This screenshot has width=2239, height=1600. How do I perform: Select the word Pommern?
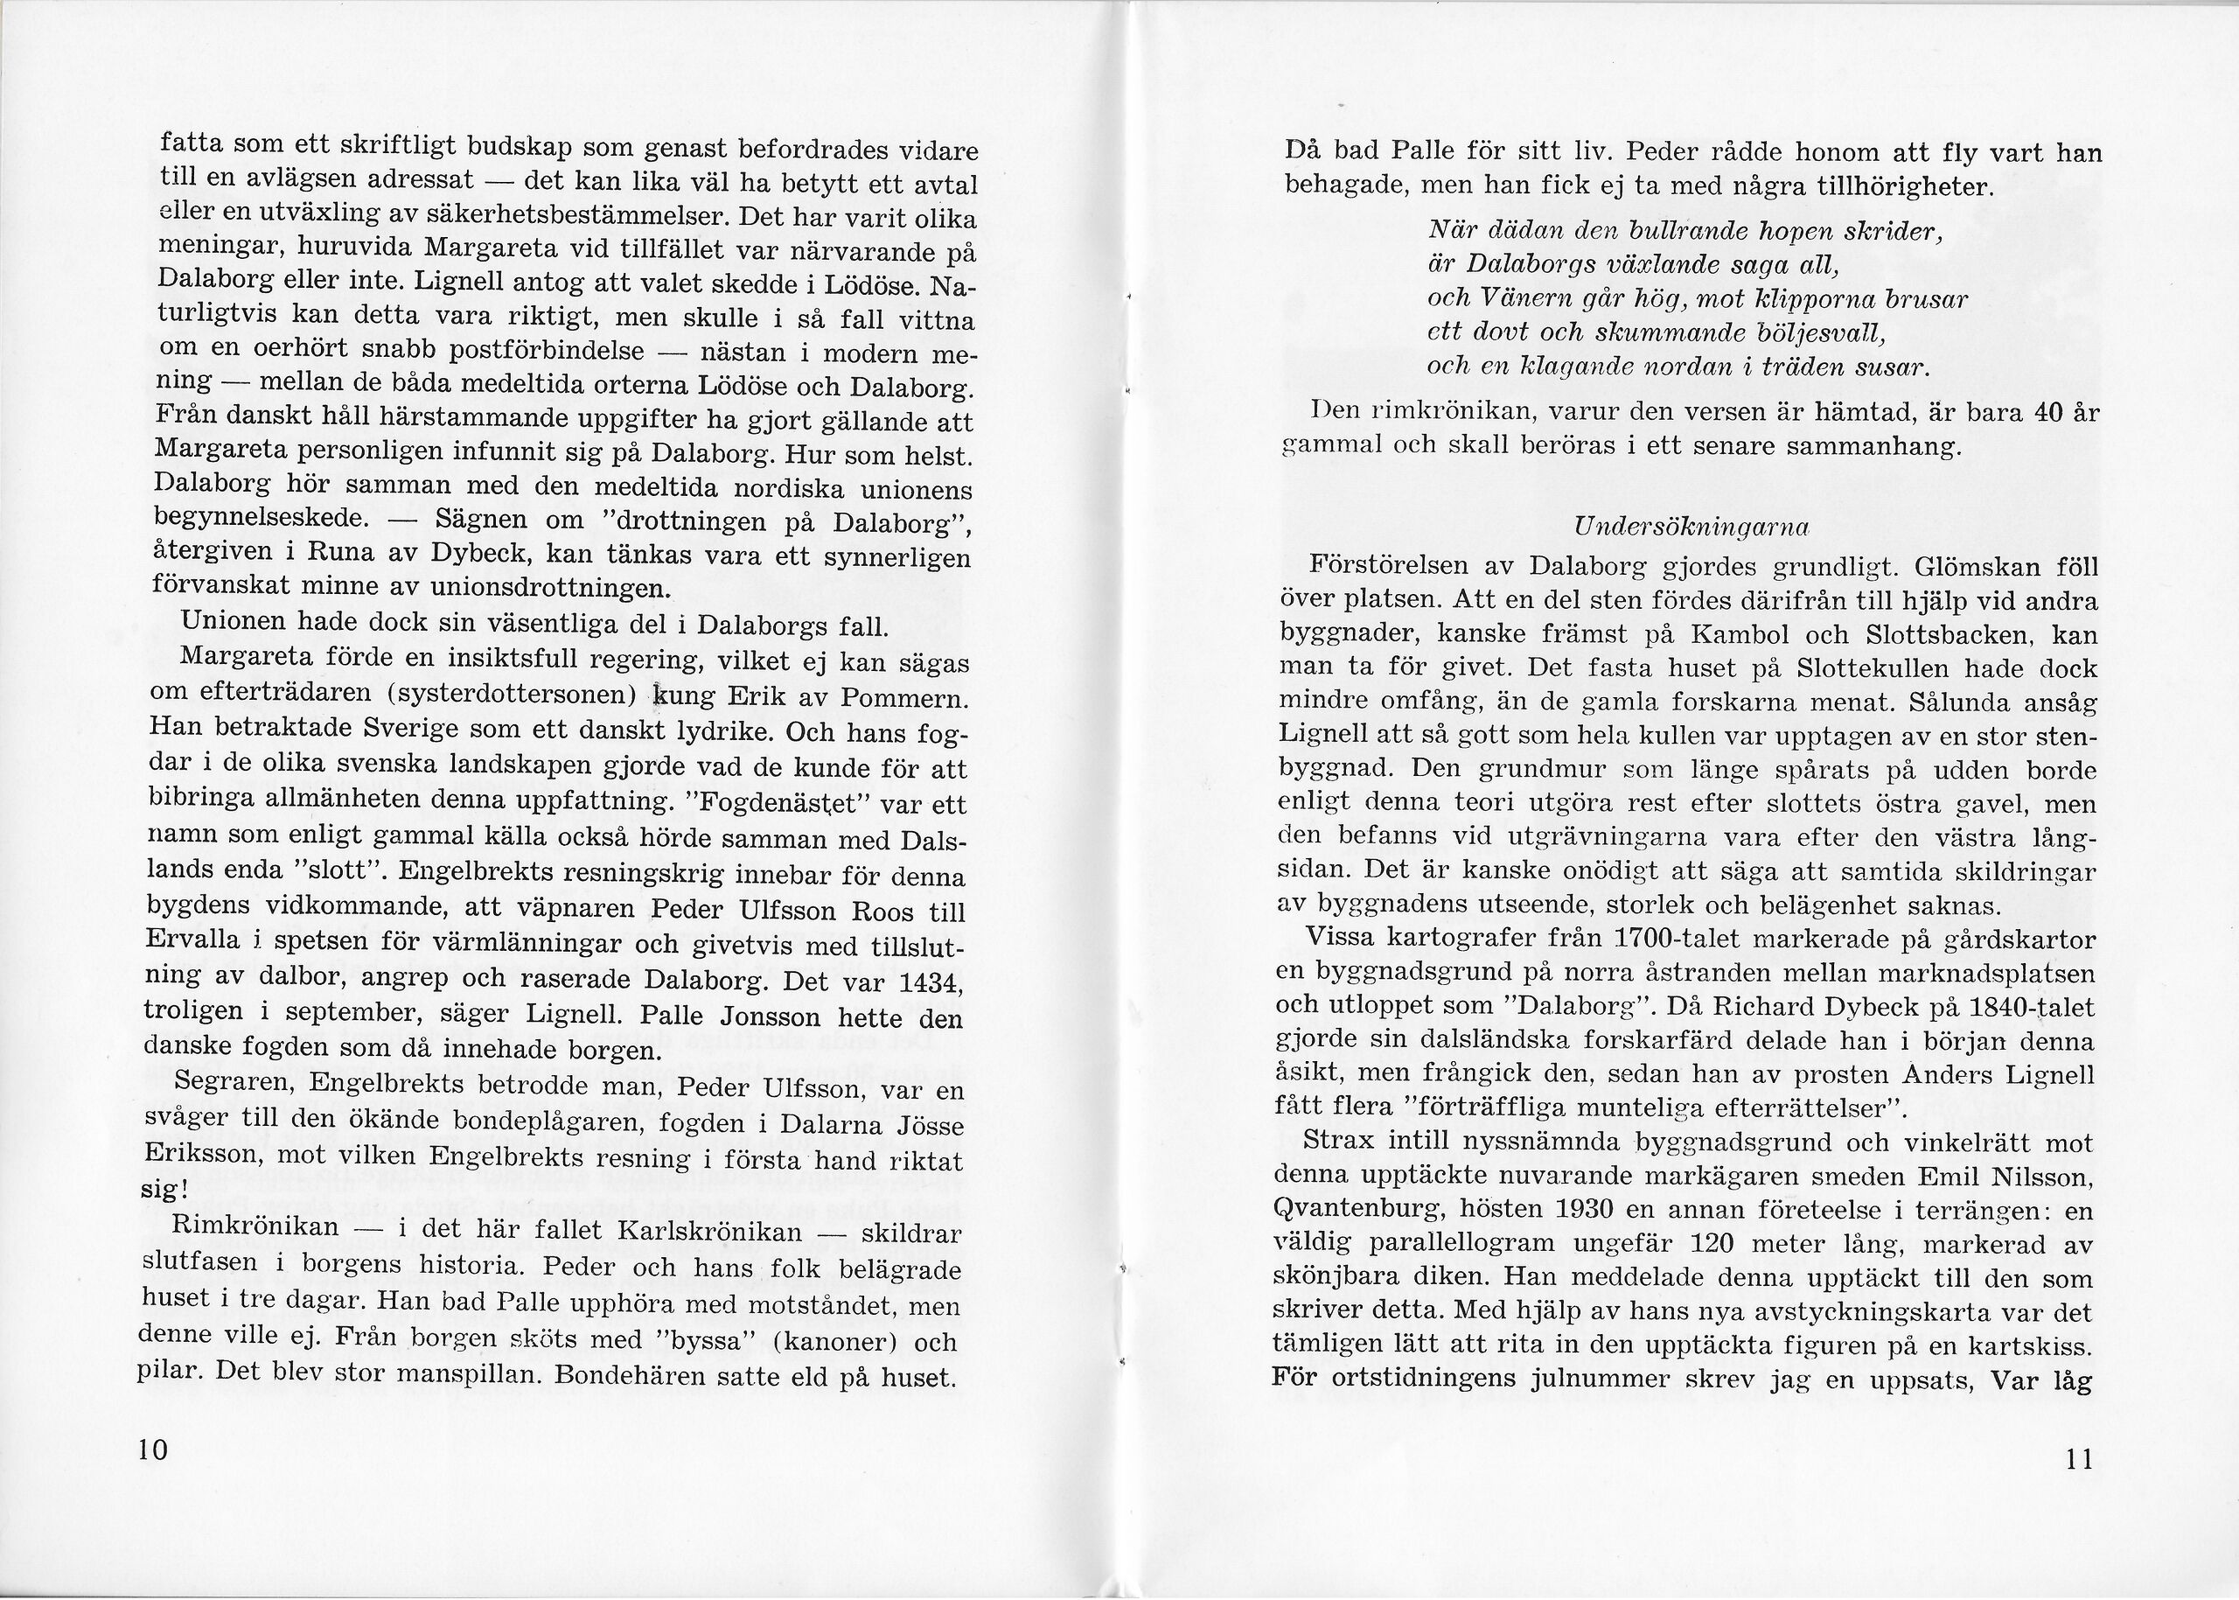click(902, 702)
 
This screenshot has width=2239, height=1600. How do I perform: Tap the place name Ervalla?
click(193, 940)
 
